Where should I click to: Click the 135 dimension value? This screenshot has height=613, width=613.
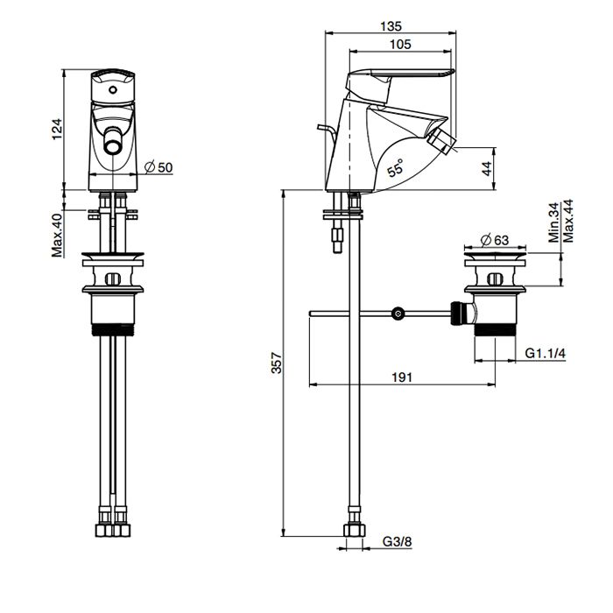tap(391, 26)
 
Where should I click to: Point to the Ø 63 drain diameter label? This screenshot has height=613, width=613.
tap(497, 238)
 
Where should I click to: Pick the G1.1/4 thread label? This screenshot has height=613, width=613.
tap(546, 353)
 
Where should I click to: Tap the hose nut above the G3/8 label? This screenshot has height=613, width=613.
tap(354, 530)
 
